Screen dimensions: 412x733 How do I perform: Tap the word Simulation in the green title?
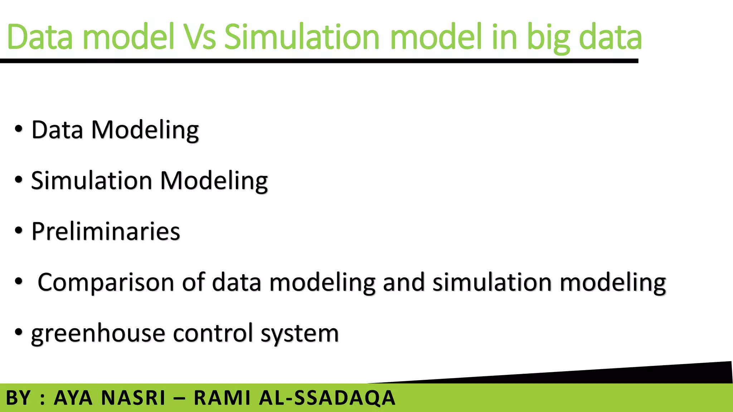pos(301,37)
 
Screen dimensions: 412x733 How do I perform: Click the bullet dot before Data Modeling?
pos(19,129)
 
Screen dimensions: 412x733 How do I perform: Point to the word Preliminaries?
pos(106,231)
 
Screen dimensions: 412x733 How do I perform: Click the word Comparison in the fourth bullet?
pos(106,283)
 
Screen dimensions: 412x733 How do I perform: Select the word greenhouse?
pos(98,334)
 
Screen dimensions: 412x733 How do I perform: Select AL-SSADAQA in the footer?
pos(327,398)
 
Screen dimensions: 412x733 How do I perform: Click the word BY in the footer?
pos(19,398)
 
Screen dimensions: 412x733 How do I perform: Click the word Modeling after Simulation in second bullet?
pos(214,181)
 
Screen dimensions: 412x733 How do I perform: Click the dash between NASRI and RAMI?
pos(179,398)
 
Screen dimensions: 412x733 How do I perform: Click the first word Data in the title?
pos(40,37)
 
